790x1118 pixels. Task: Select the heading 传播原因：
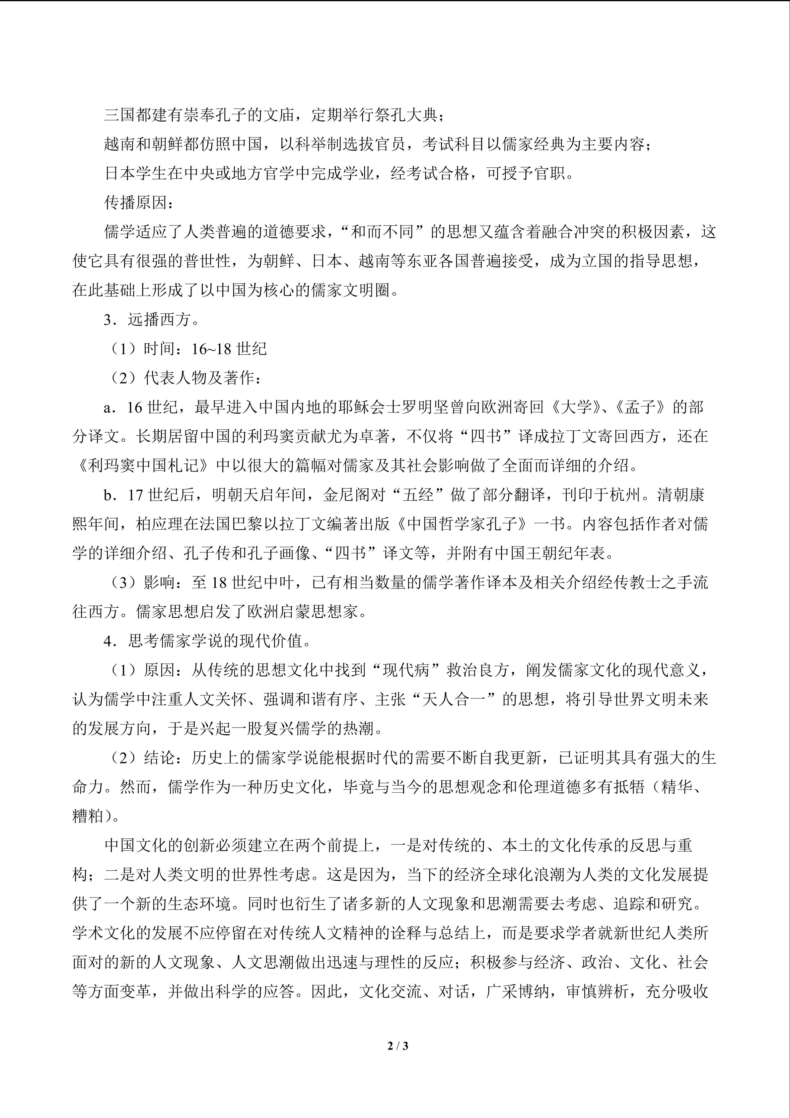coord(139,203)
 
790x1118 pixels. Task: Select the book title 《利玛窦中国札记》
coord(143,466)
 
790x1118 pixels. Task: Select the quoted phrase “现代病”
coord(406,670)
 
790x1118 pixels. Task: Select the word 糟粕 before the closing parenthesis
coord(88,816)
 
